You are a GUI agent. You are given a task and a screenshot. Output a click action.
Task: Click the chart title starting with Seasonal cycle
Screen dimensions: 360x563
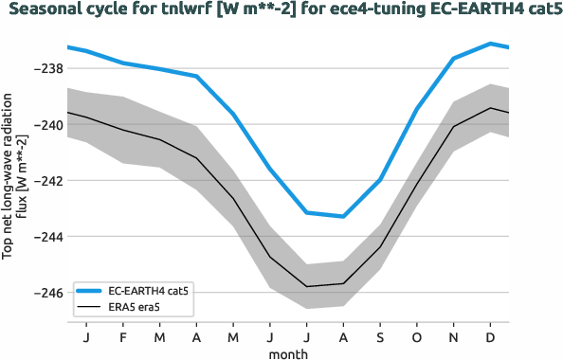[x=281, y=10]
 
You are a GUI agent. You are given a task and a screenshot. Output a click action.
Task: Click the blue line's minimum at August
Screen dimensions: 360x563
[x=343, y=216]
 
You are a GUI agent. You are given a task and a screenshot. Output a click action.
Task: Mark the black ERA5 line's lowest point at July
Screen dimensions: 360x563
[x=307, y=286]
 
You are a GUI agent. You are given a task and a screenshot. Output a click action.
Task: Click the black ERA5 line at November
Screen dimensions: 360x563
[x=453, y=127]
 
